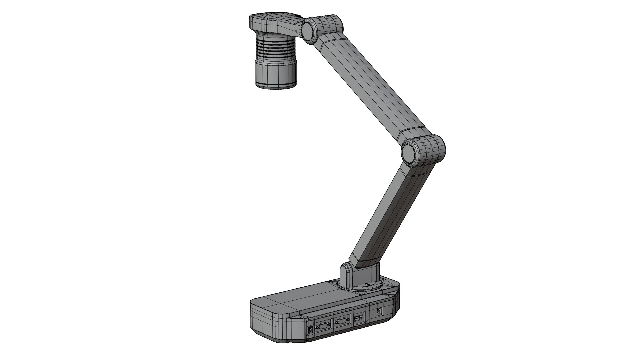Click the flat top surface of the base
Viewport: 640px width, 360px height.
pyautogui.click(x=310, y=297)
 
